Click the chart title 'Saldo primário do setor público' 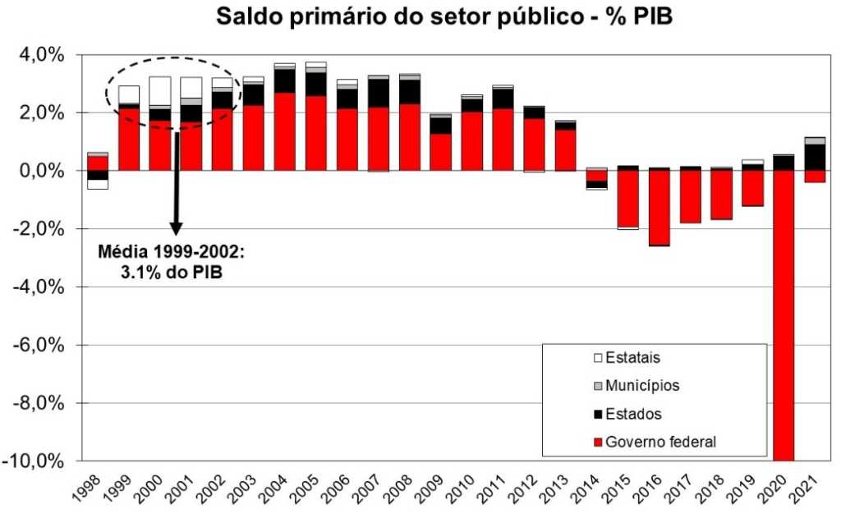point(444,16)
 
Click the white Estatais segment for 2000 point(160,90)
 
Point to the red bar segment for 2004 point(285,131)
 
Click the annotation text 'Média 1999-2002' point(171,252)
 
